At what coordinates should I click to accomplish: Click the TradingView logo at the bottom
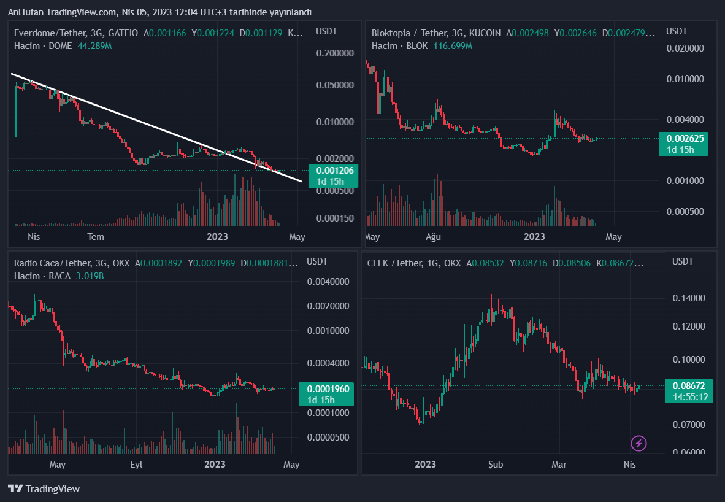pos(44,489)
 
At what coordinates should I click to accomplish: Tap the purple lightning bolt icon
pos(639,442)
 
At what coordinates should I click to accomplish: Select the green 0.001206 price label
pos(331,176)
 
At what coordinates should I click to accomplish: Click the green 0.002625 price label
pos(683,144)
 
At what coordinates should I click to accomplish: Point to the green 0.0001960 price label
pos(327,394)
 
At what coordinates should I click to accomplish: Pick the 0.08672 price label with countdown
pos(689,391)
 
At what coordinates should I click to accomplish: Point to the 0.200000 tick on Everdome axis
pos(334,53)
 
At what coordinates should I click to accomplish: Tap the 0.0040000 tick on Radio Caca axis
pos(328,282)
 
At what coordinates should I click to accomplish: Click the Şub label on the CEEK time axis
pos(495,465)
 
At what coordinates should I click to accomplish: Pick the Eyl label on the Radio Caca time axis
pos(136,465)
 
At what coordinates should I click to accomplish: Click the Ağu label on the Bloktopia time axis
pos(433,237)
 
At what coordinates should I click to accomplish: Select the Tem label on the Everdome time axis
pos(96,237)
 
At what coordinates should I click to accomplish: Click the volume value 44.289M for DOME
pos(94,46)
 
